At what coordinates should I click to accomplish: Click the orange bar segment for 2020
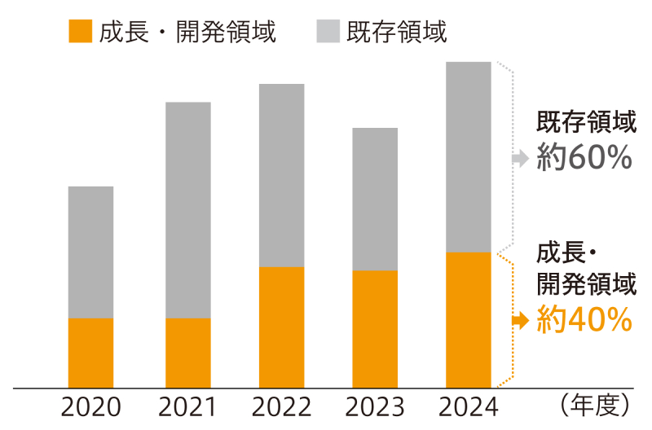(x=90, y=353)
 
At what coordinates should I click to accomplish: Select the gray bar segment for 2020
(x=90, y=252)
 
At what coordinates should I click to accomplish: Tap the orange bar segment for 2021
(x=187, y=353)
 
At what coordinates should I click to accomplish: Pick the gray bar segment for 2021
(x=187, y=210)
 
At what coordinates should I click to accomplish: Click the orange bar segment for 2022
(x=281, y=327)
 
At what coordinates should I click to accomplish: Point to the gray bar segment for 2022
(x=281, y=175)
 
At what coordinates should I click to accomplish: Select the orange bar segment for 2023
(x=375, y=328)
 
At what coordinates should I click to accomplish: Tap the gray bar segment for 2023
(x=375, y=199)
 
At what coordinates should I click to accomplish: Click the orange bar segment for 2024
(x=469, y=319)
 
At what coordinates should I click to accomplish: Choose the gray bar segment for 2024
(x=469, y=157)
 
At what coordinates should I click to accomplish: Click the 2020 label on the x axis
(x=90, y=406)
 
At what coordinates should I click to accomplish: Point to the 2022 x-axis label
(x=281, y=406)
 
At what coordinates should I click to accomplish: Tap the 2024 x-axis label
(x=469, y=406)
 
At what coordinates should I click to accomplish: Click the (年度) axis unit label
(x=596, y=404)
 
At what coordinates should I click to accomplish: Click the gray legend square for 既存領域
(x=326, y=32)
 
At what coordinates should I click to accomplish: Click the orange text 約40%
(x=584, y=319)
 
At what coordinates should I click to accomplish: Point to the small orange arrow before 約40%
(x=520, y=320)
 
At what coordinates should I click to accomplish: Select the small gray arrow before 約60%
(x=520, y=159)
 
